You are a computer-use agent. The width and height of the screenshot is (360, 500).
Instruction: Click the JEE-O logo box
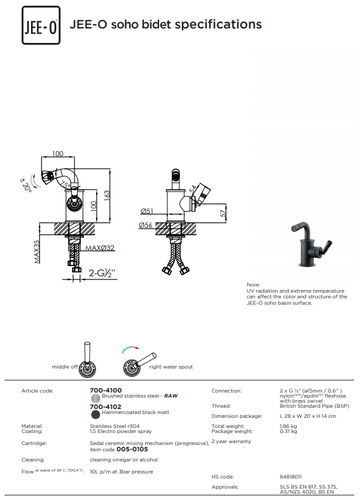click(x=41, y=25)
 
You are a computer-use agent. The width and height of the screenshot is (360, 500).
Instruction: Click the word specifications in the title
click(x=219, y=25)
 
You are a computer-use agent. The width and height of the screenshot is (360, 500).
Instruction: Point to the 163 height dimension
click(x=107, y=195)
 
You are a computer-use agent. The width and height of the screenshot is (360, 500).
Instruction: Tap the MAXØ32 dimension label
click(x=100, y=248)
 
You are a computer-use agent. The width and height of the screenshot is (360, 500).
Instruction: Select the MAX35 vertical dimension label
click(x=37, y=252)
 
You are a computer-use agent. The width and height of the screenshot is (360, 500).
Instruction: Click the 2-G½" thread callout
click(x=102, y=273)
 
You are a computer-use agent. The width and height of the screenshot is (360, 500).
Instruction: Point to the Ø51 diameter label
click(x=147, y=211)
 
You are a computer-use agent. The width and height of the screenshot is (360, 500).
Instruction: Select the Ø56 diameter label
click(x=145, y=225)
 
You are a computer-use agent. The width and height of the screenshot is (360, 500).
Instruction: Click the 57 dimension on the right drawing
click(x=224, y=212)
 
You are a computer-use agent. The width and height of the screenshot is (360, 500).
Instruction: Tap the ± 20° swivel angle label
click(x=26, y=185)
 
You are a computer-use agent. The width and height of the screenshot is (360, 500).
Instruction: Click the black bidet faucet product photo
click(x=311, y=244)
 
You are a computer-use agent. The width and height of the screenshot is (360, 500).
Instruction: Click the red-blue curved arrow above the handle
click(x=131, y=349)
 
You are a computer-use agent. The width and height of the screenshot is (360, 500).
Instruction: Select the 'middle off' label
click(x=64, y=367)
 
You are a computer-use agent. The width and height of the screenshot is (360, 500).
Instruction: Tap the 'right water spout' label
click(x=171, y=367)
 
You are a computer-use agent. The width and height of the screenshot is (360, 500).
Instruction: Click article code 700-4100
click(x=105, y=390)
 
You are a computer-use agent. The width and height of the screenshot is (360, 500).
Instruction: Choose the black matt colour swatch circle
click(x=95, y=415)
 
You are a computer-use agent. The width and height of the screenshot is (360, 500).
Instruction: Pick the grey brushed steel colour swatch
click(x=95, y=398)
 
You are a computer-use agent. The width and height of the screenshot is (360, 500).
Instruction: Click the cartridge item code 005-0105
click(x=132, y=449)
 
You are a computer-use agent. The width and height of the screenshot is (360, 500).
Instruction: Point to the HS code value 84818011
click(x=291, y=477)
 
